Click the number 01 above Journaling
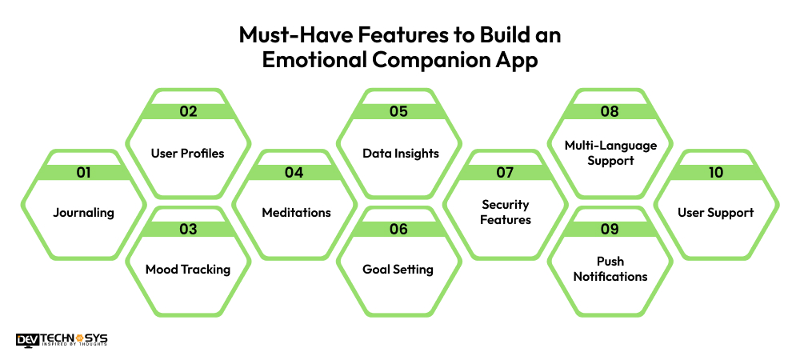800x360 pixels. (83, 172)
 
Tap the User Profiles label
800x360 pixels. (188, 153)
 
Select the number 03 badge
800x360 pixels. (188, 230)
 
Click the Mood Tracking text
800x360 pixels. (188, 270)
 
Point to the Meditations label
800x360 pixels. (296, 213)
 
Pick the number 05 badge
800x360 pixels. (399, 111)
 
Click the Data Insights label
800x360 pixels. (400, 153)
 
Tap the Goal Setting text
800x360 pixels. (398, 270)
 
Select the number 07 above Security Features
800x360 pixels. (506, 172)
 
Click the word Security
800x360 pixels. (506, 205)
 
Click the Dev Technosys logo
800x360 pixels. (62, 339)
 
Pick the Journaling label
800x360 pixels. (83, 213)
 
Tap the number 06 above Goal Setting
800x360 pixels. (398, 230)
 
